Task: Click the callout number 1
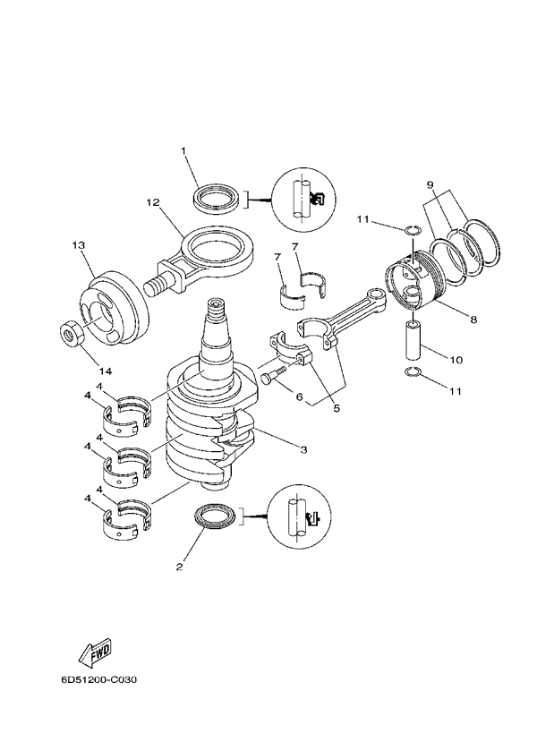click(183, 151)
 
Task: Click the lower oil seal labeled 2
click(217, 518)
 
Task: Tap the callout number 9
click(430, 185)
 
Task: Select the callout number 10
click(456, 361)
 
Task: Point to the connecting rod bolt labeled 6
click(274, 376)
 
